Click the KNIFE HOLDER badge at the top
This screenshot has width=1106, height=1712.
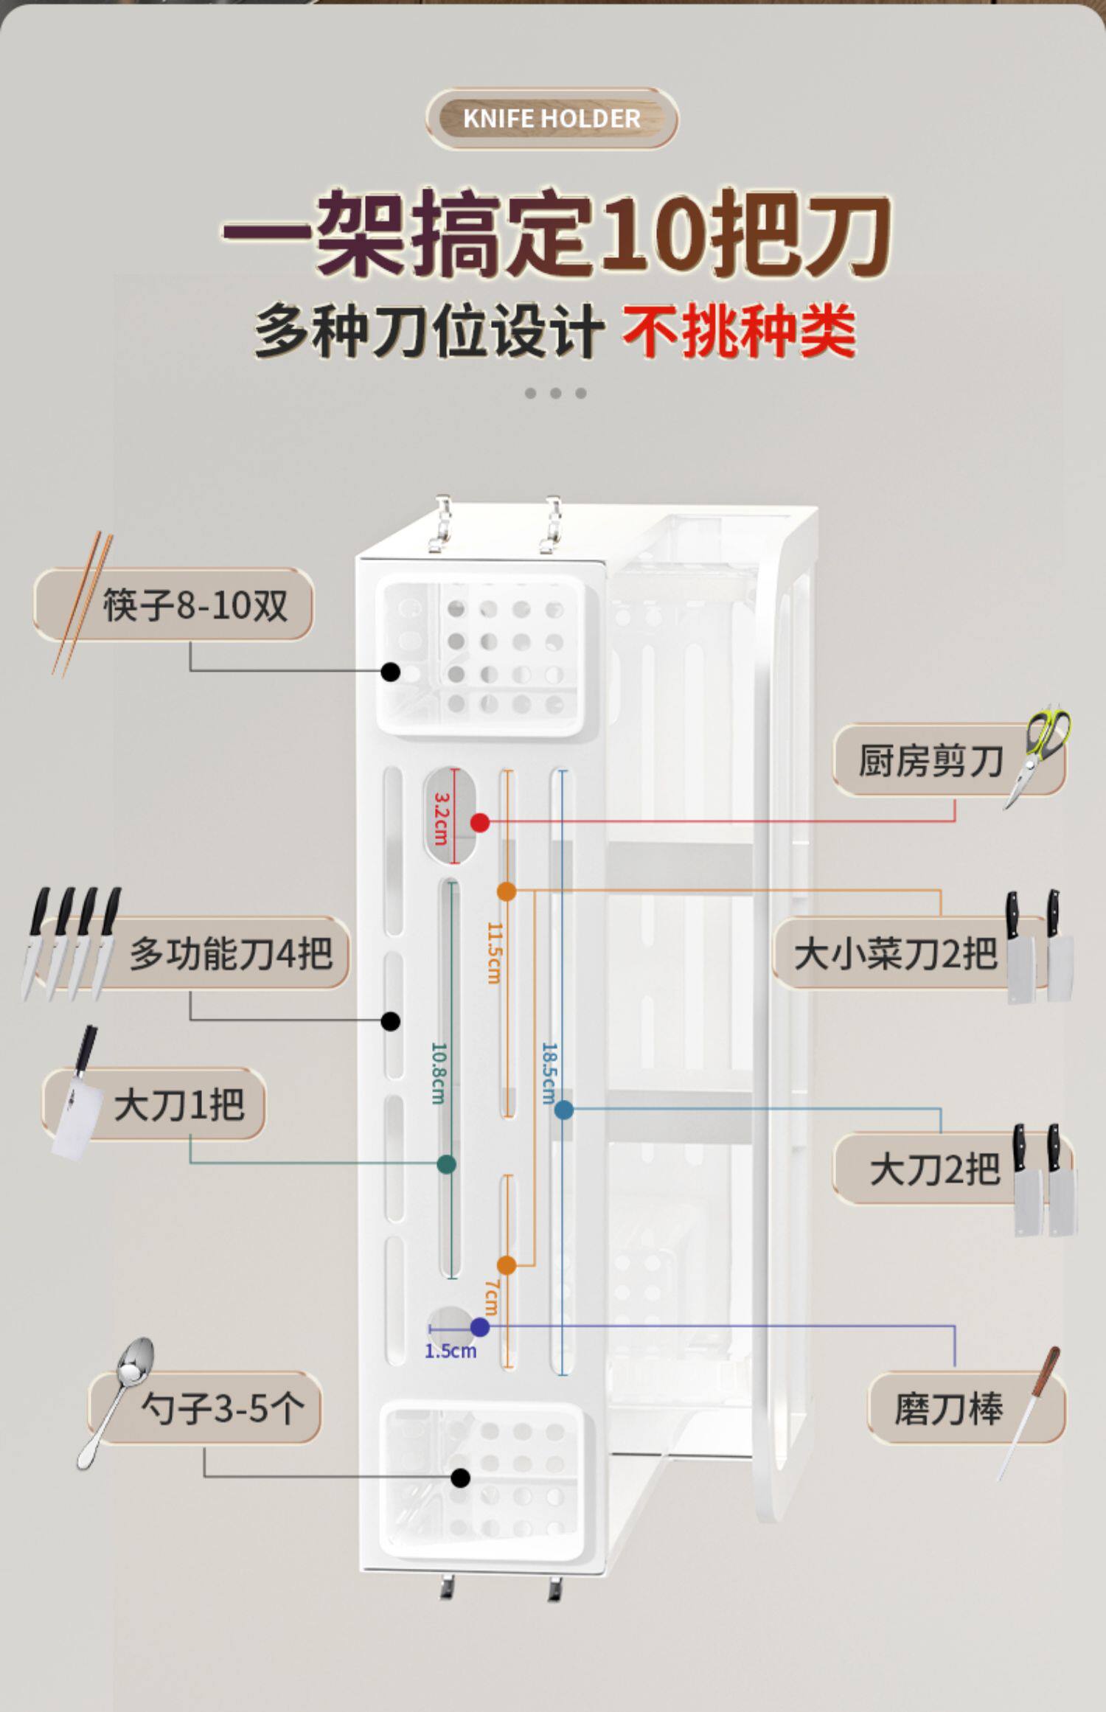coord(552,119)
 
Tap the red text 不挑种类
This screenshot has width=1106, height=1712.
coord(739,332)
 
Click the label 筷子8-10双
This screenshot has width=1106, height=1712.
coord(195,605)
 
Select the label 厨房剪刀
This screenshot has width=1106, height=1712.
coord(931,760)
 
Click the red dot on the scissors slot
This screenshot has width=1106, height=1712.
coord(480,822)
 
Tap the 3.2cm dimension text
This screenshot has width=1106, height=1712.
coord(441,818)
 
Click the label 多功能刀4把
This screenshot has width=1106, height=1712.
coord(231,953)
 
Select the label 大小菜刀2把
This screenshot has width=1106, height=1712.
coord(895,953)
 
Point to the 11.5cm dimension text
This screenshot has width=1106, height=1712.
coord(494,953)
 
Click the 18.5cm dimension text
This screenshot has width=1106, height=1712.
coord(549,1073)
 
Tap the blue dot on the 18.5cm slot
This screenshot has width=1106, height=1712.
coord(564,1109)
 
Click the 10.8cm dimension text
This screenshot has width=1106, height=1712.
coord(438,1073)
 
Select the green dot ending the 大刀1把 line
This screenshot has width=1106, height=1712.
coord(446,1164)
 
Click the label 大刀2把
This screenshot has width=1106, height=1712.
coord(934,1169)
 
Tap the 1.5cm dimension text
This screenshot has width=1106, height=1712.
coord(451,1351)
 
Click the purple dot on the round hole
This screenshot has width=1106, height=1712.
coord(480,1328)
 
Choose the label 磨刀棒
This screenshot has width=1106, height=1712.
coord(948,1408)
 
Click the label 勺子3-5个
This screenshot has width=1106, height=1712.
coord(222,1409)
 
